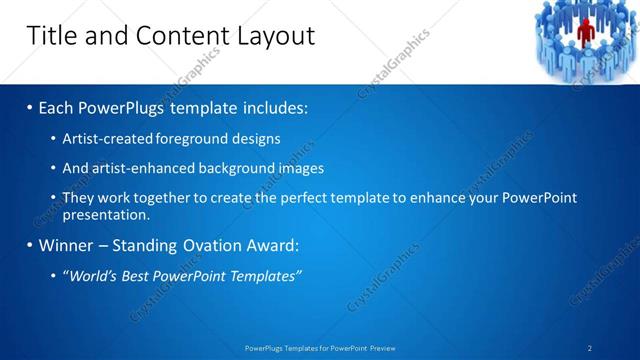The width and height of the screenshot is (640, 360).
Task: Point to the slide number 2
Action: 590,348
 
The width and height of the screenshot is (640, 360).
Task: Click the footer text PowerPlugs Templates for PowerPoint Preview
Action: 320,348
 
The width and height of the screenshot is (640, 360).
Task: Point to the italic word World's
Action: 93,275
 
